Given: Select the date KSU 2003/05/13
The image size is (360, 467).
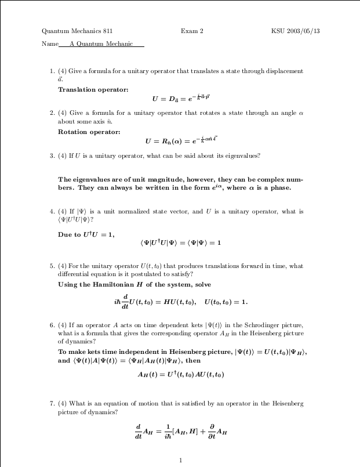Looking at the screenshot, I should [x=295, y=31].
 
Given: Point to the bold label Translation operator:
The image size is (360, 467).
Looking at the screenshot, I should [x=93, y=89].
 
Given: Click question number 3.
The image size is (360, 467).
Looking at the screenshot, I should [x=52, y=155].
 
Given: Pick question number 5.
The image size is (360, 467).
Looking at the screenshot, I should [x=52, y=266].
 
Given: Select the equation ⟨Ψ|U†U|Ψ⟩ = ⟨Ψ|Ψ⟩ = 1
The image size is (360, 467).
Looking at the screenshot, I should [x=181, y=242].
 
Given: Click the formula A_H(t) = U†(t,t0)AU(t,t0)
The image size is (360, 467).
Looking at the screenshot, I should [x=181, y=374].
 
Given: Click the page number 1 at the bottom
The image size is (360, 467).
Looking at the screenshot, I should [x=181, y=461].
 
